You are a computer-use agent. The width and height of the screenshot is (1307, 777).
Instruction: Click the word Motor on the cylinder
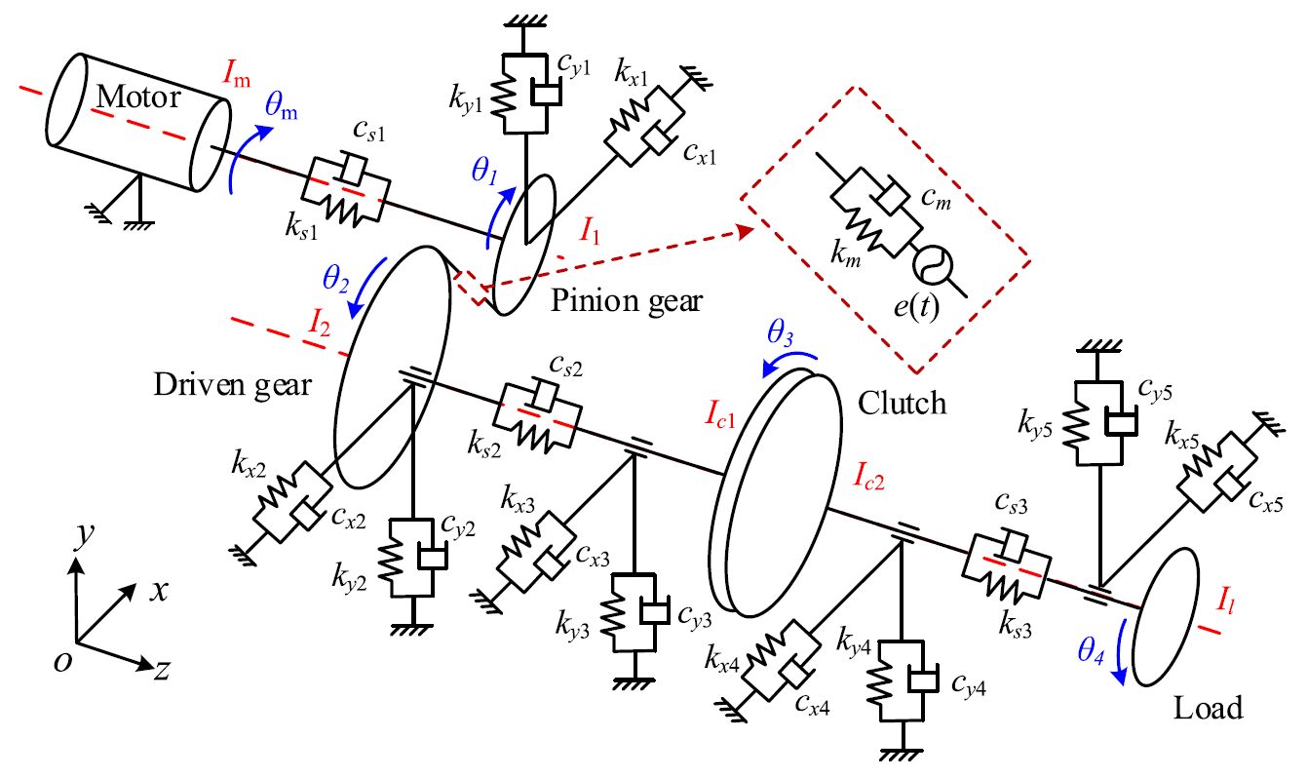[138, 97]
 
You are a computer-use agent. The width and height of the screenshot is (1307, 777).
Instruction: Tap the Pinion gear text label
[627, 301]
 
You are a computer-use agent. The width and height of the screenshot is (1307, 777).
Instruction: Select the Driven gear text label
[233, 385]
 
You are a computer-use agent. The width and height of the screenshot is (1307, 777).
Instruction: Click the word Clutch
[902, 403]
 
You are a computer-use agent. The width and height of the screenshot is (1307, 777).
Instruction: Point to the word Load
[1208, 708]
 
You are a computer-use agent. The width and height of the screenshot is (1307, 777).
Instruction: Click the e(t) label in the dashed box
[916, 306]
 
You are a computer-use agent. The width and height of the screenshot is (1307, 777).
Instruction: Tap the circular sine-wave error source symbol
[933, 264]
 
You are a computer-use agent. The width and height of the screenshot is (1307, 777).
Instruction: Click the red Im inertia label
[237, 74]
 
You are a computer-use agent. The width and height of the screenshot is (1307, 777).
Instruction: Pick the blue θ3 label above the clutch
[780, 333]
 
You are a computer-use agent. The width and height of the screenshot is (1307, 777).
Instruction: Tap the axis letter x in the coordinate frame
[159, 592]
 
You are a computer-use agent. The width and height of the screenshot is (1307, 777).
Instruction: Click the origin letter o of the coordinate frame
[62, 662]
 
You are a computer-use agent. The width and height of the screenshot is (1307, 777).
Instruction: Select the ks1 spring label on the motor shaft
[301, 225]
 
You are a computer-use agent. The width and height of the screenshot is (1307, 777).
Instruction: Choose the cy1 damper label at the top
[574, 64]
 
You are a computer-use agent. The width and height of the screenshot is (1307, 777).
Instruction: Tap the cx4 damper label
[812, 705]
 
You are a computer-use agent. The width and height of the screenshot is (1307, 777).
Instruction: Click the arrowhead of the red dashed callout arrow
[747, 231]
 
